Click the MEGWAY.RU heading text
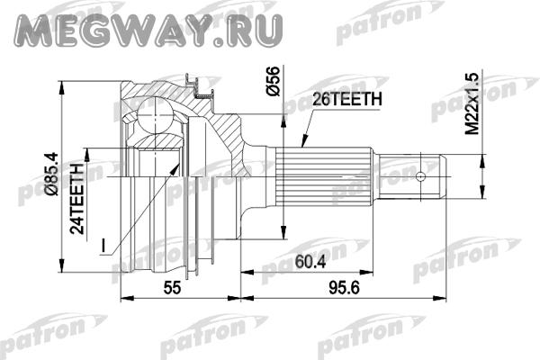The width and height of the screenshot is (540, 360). (148, 30)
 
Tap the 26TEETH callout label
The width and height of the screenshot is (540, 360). (347, 100)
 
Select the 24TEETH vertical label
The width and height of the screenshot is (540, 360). (77, 198)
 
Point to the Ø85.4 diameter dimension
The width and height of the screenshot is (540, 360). (53, 175)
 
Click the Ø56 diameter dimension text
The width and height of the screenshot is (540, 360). (273, 81)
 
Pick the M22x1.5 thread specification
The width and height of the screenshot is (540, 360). (472, 103)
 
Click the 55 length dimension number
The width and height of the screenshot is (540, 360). (172, 288)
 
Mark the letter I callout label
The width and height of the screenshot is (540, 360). (103, 245)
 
